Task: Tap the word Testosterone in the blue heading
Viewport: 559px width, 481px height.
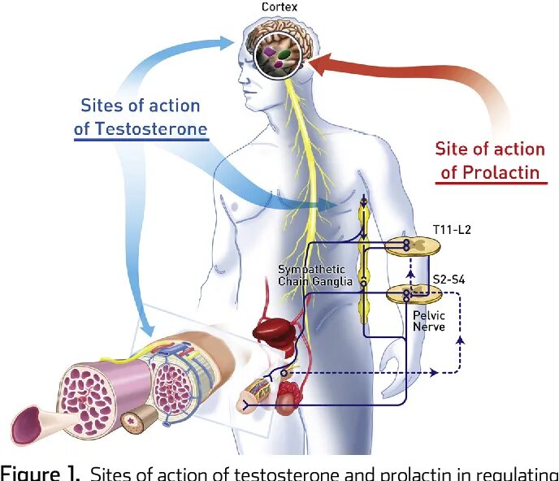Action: [151, 129]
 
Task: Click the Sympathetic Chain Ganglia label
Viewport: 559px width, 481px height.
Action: [311, 275]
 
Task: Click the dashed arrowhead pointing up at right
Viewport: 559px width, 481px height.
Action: [461, 341]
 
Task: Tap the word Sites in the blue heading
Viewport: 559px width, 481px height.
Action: [102, 106]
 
